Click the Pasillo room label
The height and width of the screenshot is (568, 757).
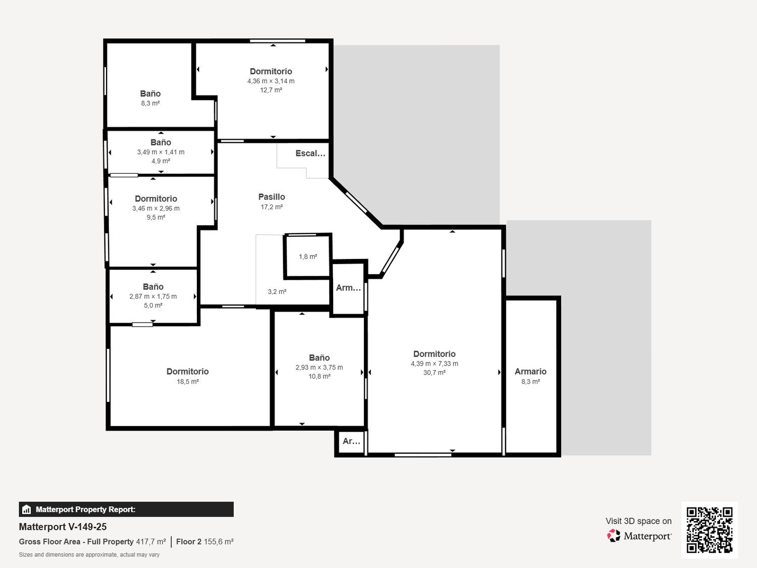[x=272, y=197]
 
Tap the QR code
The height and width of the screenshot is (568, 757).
[x=710, y=530]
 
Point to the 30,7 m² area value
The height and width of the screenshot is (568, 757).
[x=434, y=373]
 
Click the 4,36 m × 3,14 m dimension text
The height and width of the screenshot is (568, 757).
[x=271, y=81]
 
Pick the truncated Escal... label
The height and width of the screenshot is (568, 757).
[x=310, y=153]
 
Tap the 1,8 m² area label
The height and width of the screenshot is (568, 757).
[x=308, y=256]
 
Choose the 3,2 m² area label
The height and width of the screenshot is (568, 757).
[x=277, y=292]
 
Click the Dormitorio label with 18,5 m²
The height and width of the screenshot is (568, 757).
[x=187, y=372]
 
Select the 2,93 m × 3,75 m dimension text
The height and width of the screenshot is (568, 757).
[x=319, y=367]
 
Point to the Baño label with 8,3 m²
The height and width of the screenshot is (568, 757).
[x=150, y=93]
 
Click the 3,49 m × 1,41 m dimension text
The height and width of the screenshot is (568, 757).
[x=160, y=152]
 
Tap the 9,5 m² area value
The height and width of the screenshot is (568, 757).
[x=155, y=217]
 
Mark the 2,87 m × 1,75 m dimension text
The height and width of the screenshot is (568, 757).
[x=153, y=296]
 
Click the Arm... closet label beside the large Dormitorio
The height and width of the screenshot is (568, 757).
[x=348, y=288]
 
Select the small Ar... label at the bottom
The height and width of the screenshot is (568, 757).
[x=351, y=441]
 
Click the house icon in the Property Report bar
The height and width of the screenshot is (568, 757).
[x=27, y=509]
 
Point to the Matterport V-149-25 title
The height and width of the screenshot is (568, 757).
[x=63, y=527]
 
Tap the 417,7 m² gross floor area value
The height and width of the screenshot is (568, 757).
[x=151, y=541]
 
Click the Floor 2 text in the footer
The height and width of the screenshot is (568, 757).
[x=189, y=541]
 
